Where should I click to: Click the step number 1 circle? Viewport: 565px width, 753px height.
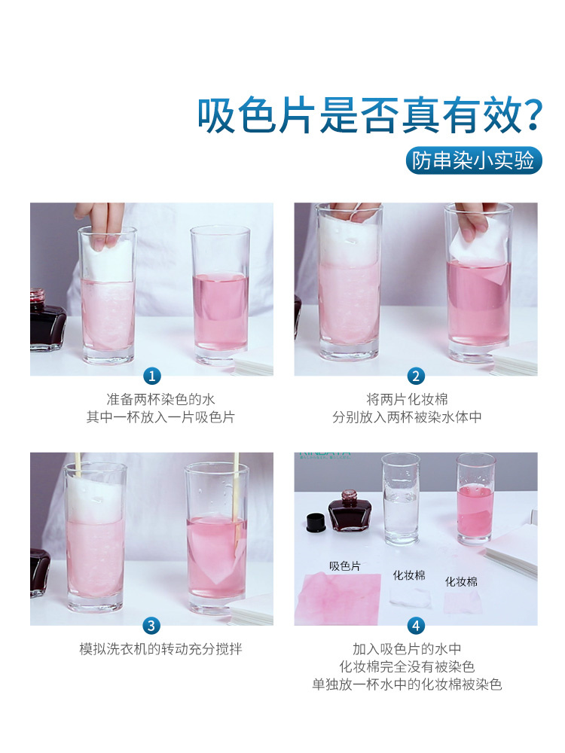(x=152, y=376)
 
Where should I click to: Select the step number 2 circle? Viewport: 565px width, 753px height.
(x=416, y=376)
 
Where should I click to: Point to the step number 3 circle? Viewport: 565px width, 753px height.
(x=152, y=626)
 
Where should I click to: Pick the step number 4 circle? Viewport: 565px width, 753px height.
(x=416, y=626)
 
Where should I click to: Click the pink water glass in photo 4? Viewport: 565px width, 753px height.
(x=475, y=501)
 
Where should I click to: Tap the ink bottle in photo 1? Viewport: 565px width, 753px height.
(x=47, y=322)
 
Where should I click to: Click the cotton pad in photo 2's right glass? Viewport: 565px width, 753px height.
(x=475, y=248)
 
